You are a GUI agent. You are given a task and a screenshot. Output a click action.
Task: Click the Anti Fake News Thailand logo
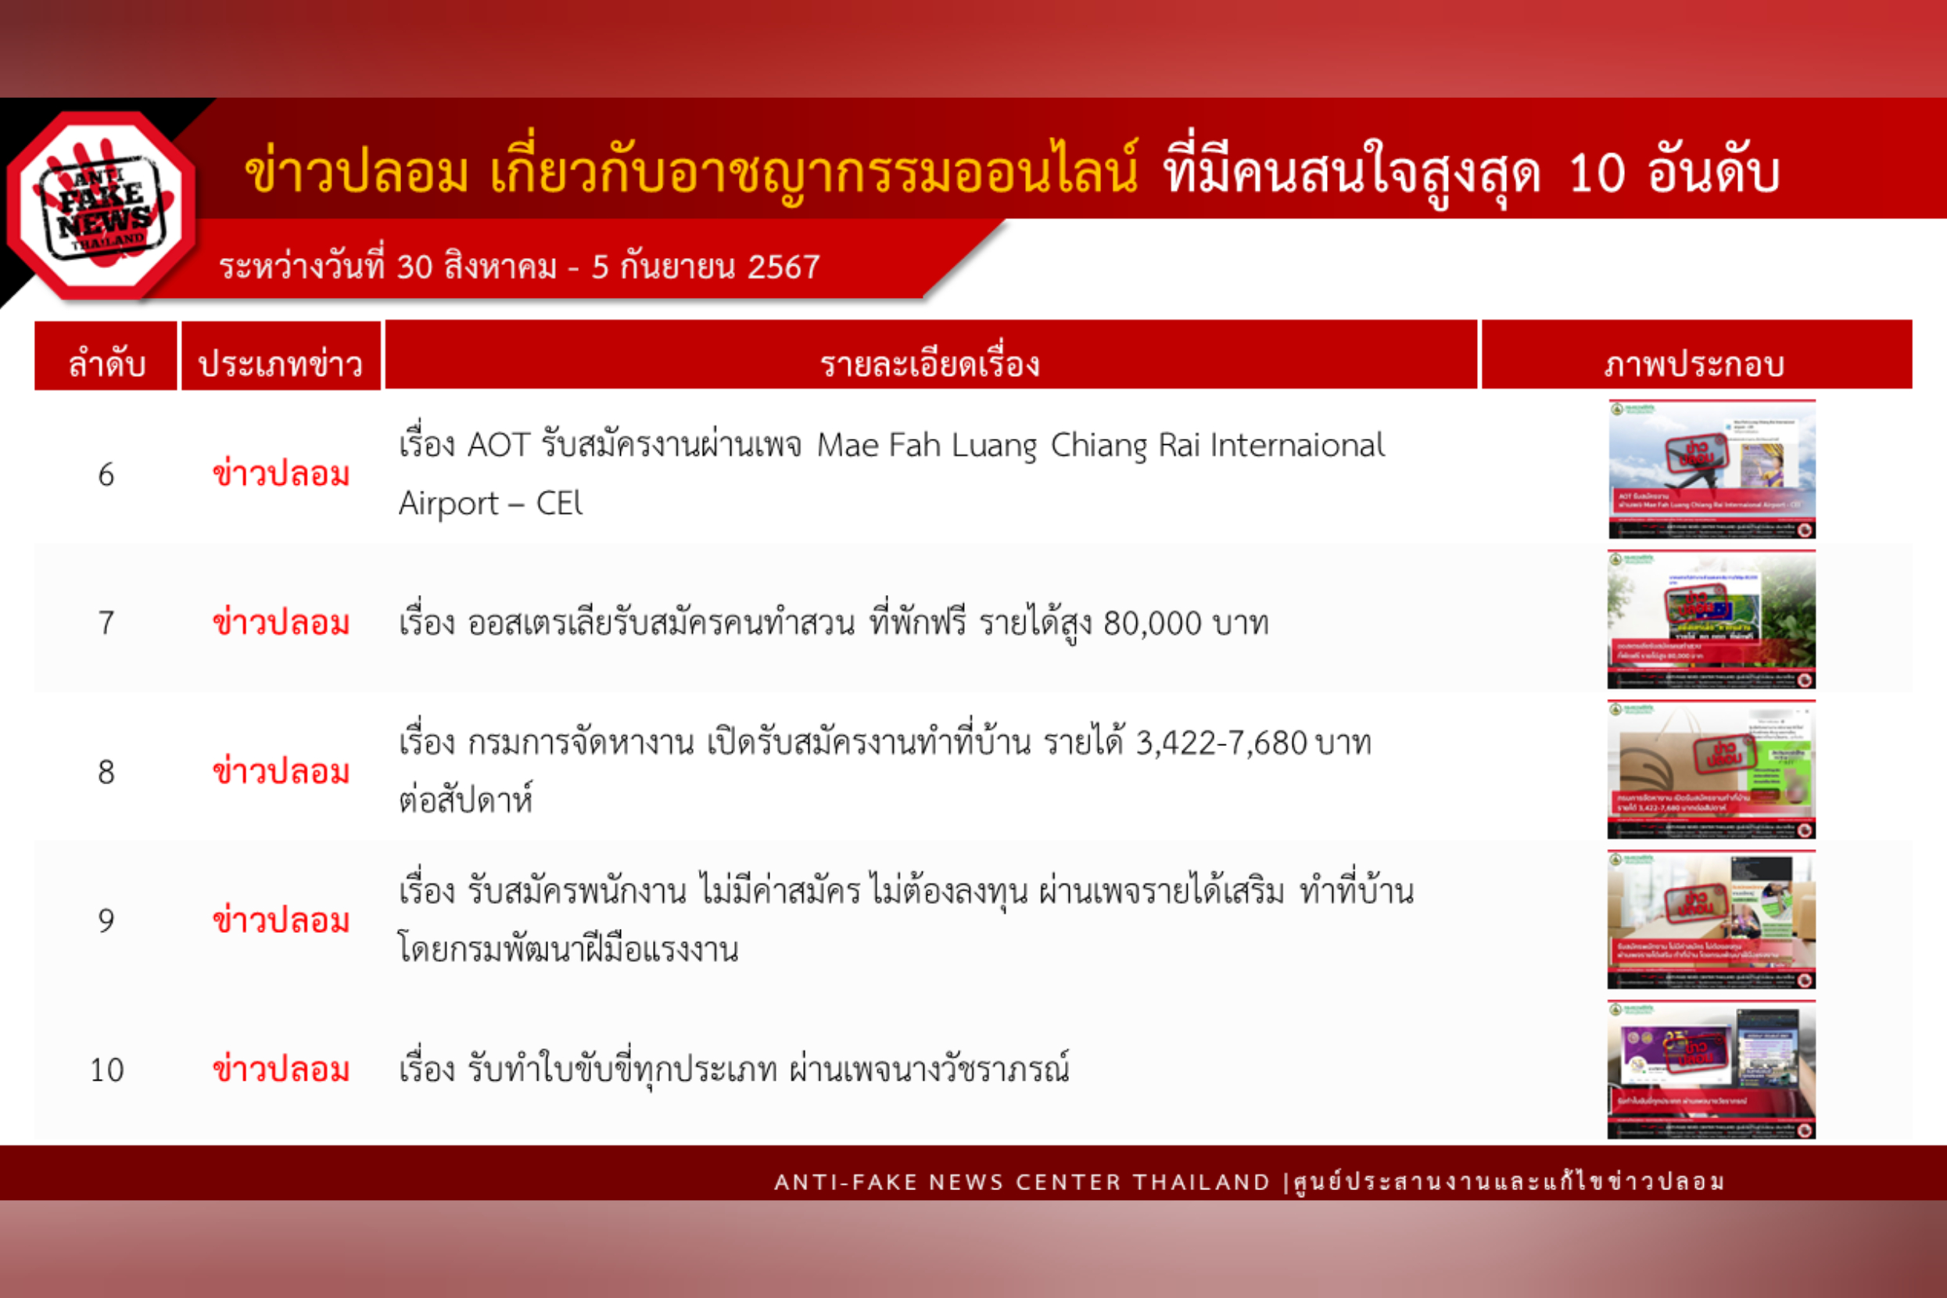102,206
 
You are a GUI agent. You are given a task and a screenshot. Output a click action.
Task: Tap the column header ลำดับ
106,364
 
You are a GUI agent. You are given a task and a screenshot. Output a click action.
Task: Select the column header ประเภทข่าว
281,364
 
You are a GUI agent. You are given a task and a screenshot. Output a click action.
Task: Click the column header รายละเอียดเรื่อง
930,364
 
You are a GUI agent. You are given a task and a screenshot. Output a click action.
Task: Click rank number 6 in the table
106,475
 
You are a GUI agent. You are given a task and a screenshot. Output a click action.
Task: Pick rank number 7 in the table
106,622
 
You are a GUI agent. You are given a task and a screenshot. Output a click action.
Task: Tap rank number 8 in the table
106,773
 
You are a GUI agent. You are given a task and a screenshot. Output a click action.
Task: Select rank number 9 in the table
106,920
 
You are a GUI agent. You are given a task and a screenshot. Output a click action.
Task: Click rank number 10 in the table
107,1070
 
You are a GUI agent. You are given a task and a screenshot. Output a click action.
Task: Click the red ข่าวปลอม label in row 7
281,622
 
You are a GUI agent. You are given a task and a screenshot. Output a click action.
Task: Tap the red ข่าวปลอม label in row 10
281,1070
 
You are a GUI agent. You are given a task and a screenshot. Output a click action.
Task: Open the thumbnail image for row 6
1711,469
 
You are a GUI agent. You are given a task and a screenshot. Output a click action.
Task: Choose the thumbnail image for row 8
1711,769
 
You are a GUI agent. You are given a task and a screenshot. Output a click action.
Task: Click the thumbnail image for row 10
1711,1069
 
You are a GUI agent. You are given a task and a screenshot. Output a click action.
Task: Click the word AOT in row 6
498,446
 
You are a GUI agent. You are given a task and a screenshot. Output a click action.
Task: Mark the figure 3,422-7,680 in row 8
1221,744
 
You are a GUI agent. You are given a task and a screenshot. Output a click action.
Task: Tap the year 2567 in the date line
783,267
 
